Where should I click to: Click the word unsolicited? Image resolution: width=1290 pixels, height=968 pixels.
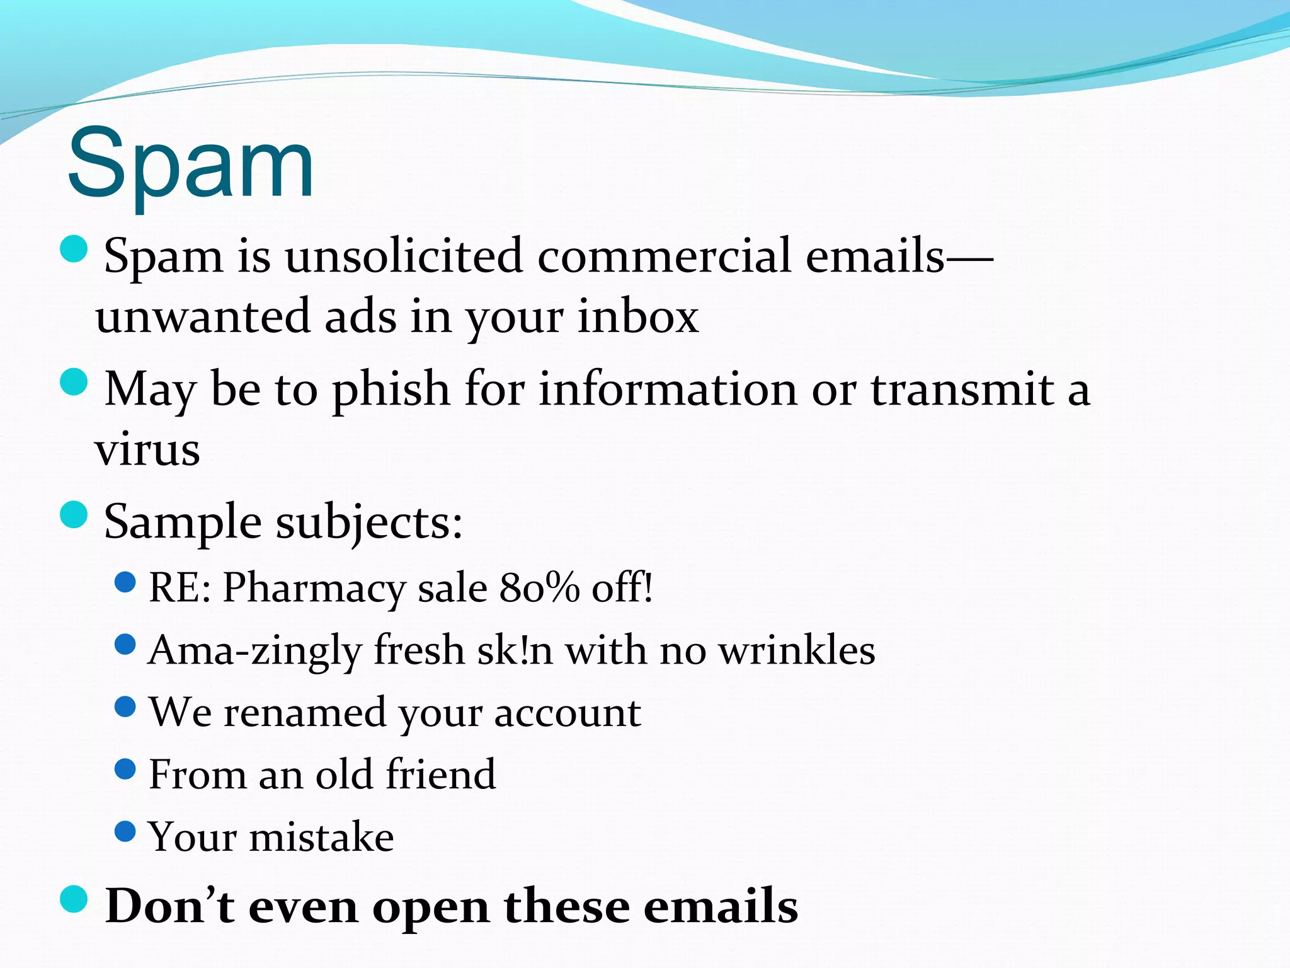pos(404,256)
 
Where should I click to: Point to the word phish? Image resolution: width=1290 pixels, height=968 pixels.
pos(391,389)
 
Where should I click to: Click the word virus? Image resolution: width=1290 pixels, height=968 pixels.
pos(147,450)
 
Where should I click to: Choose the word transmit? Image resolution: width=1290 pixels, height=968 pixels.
pos(962,389)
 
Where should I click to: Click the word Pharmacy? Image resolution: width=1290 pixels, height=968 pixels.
pos(314,587)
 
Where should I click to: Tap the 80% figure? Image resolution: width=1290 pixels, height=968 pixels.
pos(539,587)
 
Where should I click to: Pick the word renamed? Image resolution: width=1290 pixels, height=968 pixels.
pos(305,712)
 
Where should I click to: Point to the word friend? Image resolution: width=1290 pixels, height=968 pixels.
pos(440,774)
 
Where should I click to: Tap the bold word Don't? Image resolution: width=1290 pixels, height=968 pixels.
pos(169,906)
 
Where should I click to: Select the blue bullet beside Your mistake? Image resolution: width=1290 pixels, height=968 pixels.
pos(126,831)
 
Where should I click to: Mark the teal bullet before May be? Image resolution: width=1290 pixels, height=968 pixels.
pos(74,382)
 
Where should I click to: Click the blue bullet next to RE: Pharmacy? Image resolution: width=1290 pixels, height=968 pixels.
pos(126,582)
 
